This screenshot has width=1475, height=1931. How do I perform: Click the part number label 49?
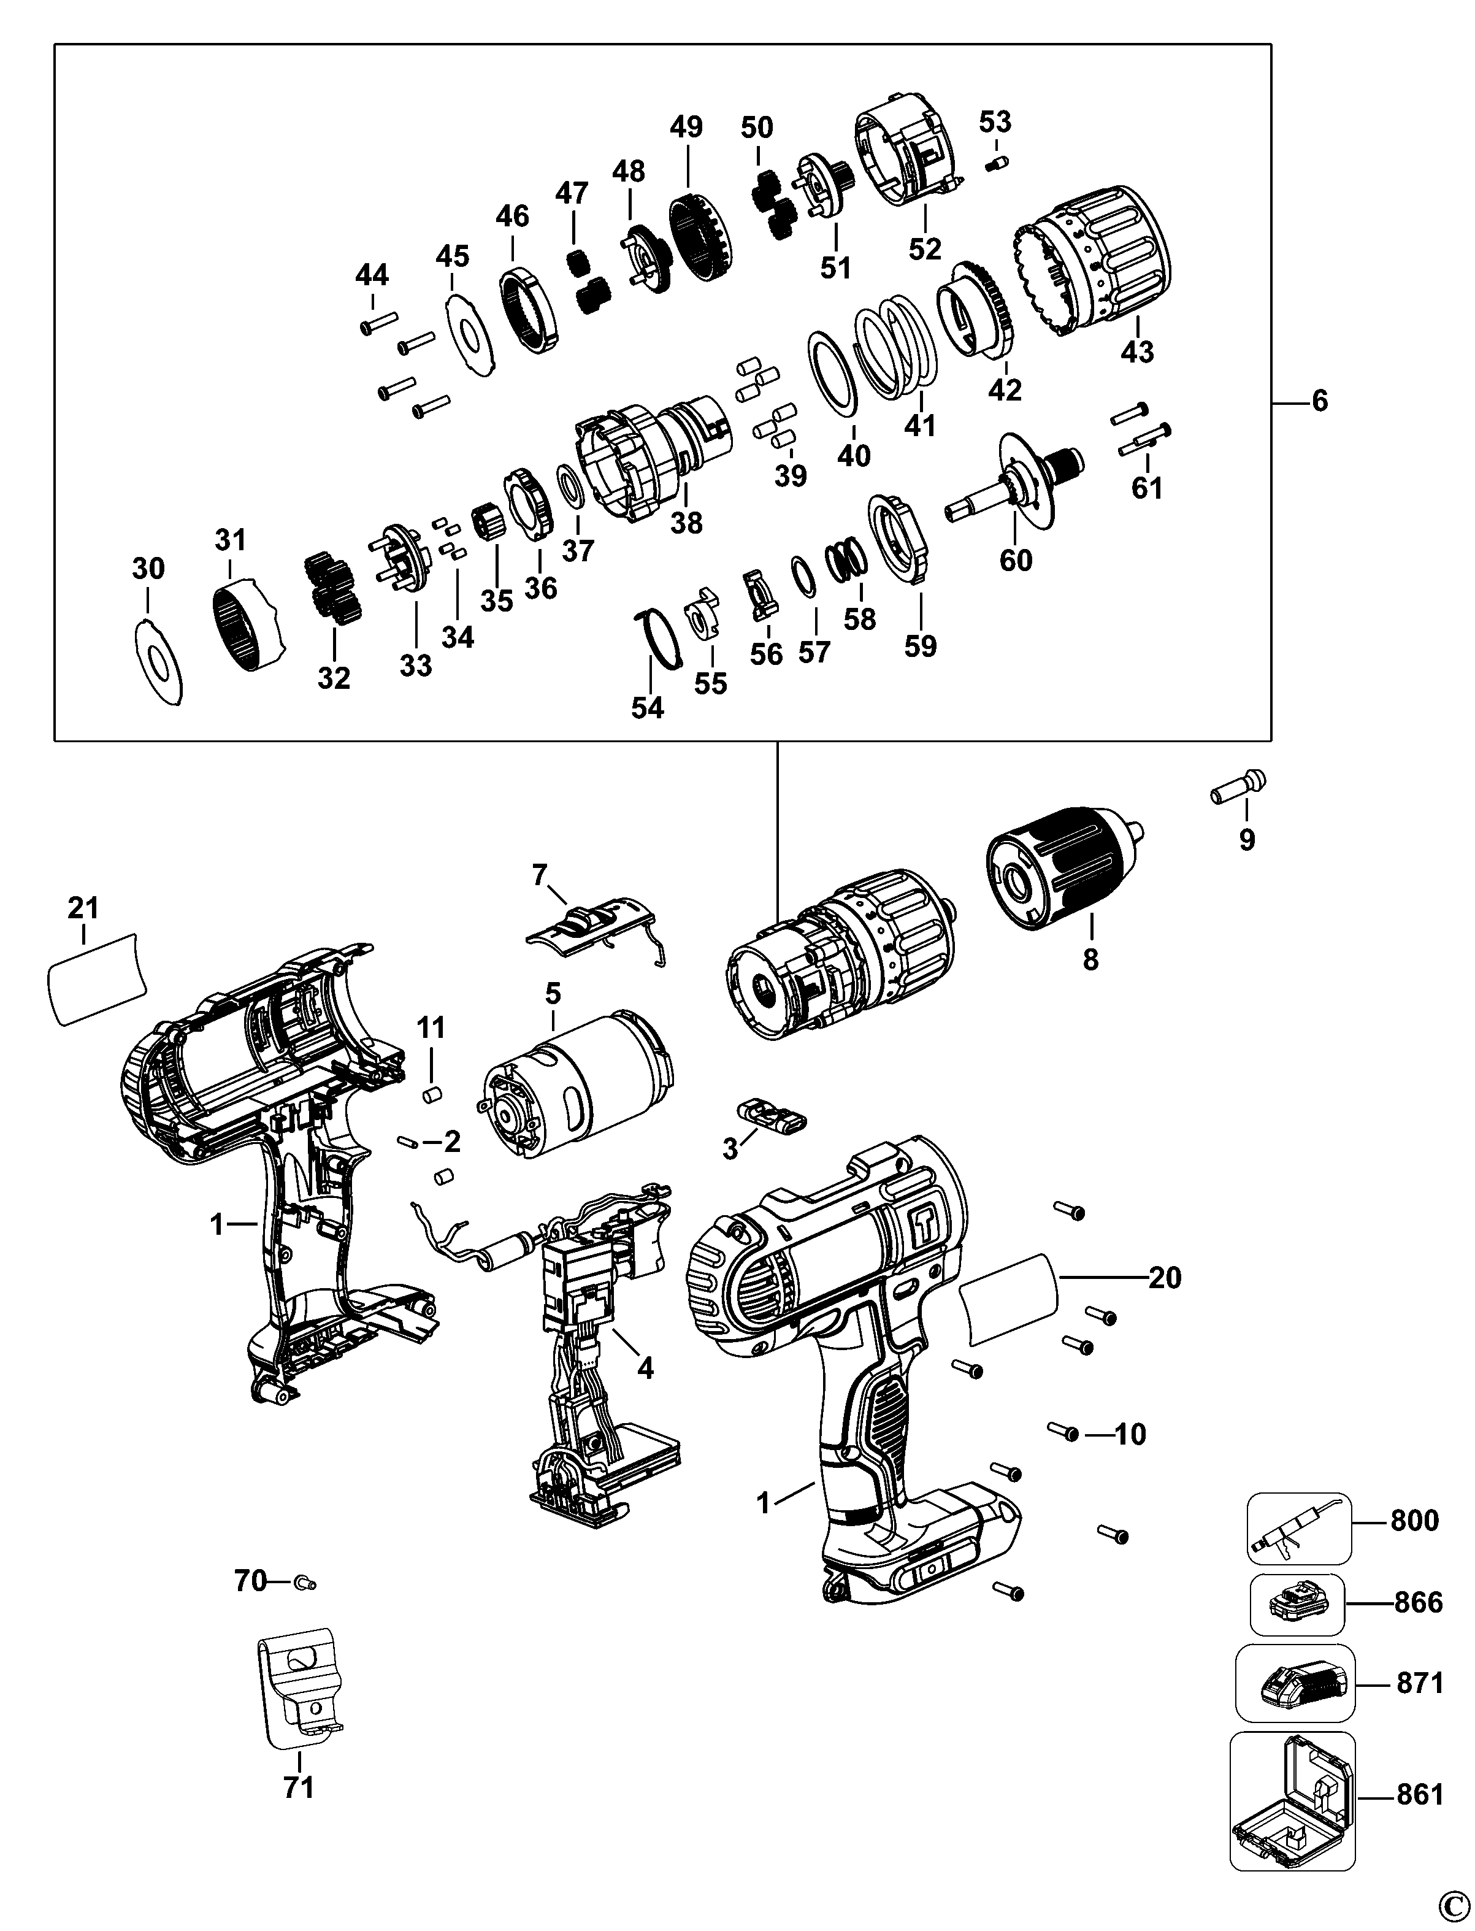686,128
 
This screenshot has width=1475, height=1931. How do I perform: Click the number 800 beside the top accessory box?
1414,1520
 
